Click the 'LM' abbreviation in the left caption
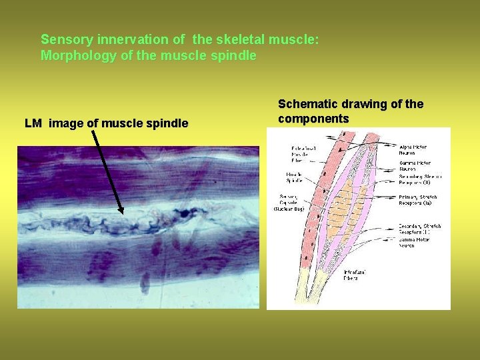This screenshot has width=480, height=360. click(33, 123)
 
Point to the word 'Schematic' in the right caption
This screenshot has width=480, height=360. click(307, 104)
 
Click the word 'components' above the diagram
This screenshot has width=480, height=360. click(313, 119)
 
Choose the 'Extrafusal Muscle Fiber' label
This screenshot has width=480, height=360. click(303, 154)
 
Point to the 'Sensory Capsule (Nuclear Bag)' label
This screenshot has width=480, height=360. click(289, 203)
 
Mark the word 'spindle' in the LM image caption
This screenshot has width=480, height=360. click(169, 123)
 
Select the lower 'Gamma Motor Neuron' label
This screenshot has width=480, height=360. click(415, 242)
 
